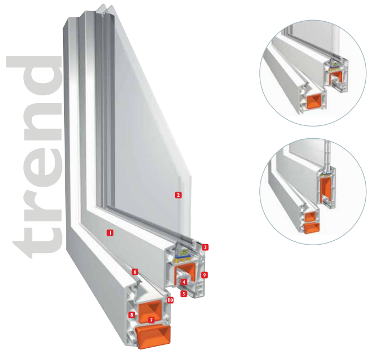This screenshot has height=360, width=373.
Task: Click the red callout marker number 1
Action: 110,232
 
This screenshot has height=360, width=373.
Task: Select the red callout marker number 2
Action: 178,195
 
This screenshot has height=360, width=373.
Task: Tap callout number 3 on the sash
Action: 205,247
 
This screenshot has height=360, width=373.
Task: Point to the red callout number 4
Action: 183,282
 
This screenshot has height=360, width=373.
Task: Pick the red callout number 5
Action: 183,294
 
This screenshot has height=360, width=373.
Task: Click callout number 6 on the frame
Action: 135,272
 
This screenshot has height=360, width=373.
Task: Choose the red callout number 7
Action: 151,320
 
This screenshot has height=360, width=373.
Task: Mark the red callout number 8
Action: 132,315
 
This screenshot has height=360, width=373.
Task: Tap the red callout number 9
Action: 204,275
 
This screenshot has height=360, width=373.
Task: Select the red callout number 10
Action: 170,300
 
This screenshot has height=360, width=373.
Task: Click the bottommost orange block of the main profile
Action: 153,337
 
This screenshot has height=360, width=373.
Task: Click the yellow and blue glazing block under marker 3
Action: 183,259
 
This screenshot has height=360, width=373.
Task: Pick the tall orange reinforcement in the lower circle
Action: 326,190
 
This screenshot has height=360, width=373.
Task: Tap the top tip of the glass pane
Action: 104,4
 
